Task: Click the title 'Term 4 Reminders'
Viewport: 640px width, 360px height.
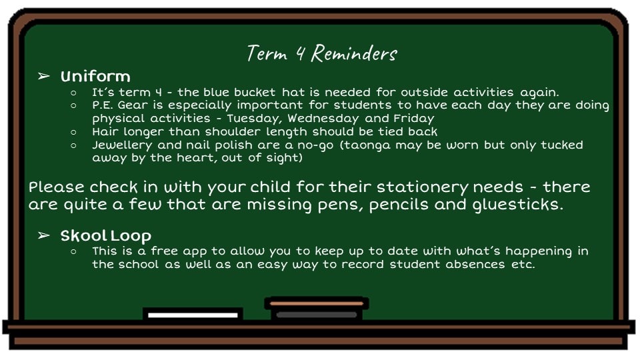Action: [321, 53]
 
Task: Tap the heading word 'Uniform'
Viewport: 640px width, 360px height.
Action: [95, 76]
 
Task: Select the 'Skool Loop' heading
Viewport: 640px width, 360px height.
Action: [106, 236]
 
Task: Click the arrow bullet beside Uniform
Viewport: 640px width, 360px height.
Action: [44, 76]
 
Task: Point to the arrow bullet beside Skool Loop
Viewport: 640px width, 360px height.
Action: [44, 235]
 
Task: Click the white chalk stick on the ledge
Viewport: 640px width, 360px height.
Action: [193, 315]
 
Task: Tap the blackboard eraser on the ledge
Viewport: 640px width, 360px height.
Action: [316, 309]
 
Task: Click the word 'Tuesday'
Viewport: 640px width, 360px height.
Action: [255, 119]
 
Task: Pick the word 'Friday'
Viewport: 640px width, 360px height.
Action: [414, 119]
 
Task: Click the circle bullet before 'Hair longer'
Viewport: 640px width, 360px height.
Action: [73, 132]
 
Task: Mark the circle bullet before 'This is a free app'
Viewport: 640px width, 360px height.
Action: [73, 251]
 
